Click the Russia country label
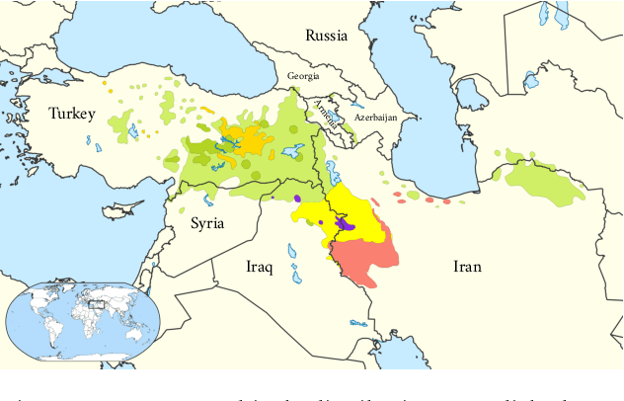[x=326, y=36]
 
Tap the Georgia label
[x=303, y=75]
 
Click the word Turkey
[x=72, y=115]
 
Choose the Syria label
[x=207, y=223]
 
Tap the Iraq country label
[x=261, y=266]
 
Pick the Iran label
[x=467, y=266]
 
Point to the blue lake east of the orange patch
[x=291, y=152]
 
